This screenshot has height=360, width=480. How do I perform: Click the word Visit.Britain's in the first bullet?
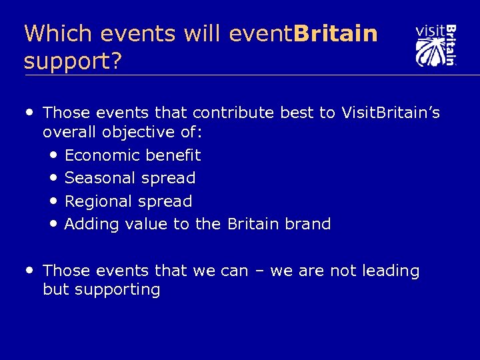[390, 113]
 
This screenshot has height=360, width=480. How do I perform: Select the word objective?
[146, 133]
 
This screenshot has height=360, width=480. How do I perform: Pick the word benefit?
[174, 155]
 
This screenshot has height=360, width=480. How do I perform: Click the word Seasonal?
[101, 178]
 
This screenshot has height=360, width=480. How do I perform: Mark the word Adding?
[91, 224]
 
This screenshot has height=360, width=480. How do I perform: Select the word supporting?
[117, 290]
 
